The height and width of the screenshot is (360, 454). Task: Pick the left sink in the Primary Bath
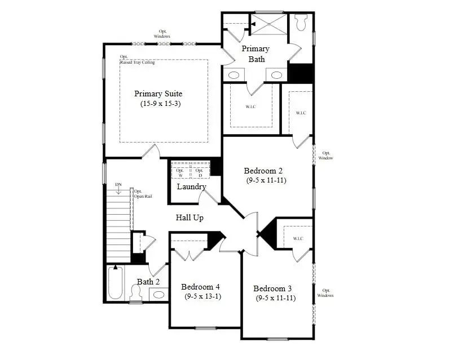234,75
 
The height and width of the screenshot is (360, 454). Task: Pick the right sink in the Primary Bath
276,75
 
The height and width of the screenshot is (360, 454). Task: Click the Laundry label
191,186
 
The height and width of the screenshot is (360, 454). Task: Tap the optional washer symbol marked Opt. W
180,172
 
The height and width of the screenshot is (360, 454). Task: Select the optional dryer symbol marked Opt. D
199,172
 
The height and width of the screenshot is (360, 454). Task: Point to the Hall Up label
189,217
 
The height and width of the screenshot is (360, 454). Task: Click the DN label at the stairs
118,184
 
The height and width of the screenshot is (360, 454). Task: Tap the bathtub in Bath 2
115,283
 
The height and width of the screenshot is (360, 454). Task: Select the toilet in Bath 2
135,292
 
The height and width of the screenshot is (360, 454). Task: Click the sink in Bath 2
159,294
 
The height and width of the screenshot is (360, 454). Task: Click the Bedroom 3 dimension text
275,298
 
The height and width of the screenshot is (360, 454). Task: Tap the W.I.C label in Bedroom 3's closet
298,239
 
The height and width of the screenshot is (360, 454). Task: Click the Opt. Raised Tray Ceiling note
137,60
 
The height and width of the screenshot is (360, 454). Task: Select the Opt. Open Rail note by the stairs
142,194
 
